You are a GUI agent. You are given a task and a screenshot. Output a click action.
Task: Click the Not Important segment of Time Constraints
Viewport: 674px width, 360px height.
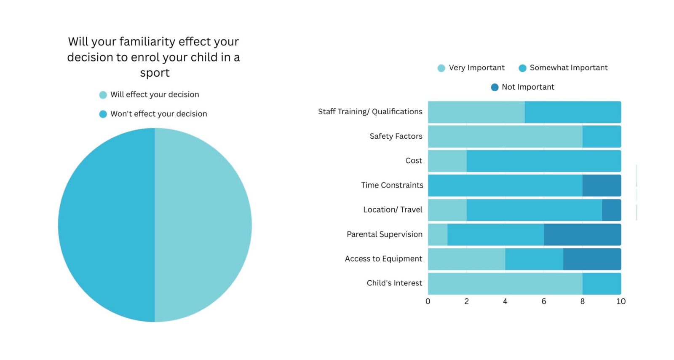tap(602, 185)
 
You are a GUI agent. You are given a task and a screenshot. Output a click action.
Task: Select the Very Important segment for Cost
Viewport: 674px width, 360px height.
tap(447, 161)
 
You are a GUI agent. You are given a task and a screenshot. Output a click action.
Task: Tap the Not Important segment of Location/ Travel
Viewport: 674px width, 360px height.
tap(611, 210)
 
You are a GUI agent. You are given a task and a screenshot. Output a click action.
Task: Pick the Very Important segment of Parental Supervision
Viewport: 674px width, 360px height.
tap(438, 234)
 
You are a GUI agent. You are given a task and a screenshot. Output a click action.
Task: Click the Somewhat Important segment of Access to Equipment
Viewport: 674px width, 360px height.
tap(534, 259)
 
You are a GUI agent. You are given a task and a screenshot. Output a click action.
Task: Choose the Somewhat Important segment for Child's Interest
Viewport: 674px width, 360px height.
tap(602, 283)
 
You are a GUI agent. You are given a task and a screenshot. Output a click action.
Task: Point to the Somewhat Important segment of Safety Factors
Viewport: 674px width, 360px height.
tap(602, 137)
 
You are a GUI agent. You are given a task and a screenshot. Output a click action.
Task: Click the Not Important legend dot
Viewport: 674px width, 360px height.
tap(495, 87)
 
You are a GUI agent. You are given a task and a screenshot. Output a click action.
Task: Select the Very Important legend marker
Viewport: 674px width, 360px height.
tap(441, 68)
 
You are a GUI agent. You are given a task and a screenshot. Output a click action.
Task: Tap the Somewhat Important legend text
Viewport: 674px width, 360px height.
tap(569, 68)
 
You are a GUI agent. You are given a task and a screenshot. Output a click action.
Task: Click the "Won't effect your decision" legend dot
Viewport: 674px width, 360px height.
tap(103, 114)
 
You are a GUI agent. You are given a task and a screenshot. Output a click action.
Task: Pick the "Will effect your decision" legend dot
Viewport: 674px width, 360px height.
tap(103, 95)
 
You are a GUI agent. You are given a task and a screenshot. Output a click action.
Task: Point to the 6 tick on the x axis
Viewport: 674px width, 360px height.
tap(544, 301)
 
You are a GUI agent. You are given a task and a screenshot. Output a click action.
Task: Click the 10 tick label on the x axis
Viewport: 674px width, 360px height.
tap(621, 301)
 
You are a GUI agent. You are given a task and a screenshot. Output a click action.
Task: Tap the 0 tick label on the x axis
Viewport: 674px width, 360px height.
tap(428, 301)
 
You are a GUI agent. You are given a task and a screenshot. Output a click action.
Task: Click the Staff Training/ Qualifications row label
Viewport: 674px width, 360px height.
tap(370, 112)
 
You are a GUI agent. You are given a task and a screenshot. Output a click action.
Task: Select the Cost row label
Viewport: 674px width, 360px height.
tap(414, 161)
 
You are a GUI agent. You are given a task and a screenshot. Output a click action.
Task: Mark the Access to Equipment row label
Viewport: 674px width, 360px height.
tap(383, 259)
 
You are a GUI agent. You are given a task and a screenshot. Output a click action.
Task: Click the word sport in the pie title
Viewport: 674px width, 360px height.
tap(155, 73)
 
